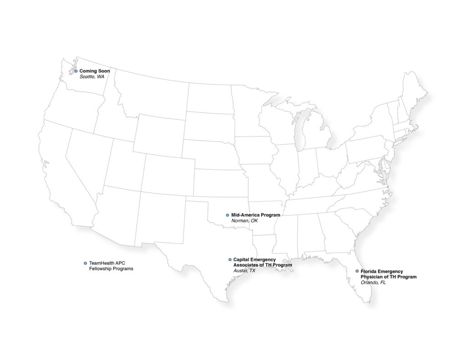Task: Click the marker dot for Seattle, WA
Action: [76, 71]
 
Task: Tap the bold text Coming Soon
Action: [95, 71]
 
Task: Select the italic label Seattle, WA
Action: [92, 77]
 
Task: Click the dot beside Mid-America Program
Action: [228, 215]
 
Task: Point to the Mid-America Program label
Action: [256, 215]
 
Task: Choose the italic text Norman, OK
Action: [247, 221]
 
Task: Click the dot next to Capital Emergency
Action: [230, 259]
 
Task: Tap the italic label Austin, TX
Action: [244, 270]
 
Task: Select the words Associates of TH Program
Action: [263, 265]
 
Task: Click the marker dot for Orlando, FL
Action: [357, 271]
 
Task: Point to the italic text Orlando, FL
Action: [373, 282]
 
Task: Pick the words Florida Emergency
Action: [382, 271]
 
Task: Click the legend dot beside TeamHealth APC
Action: [85, 263]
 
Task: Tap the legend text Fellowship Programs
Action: [111, 269]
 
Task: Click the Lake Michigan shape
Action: [300, 132]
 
